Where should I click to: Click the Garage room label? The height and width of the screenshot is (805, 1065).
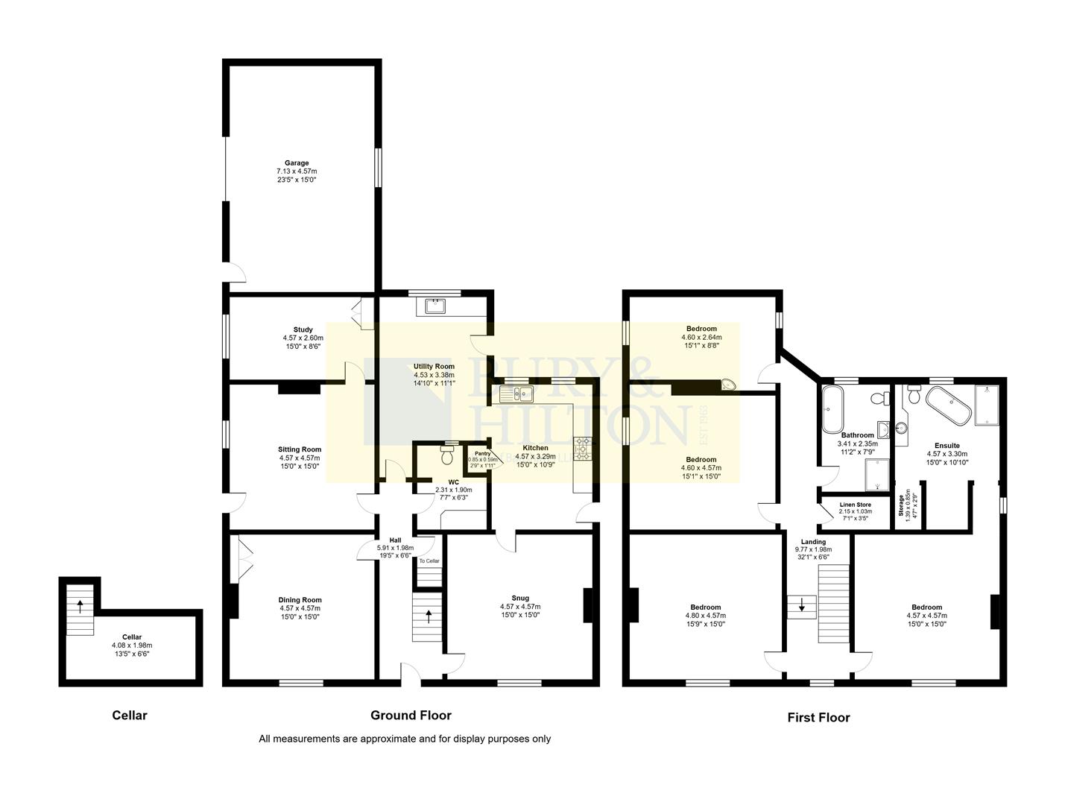(x=296, y=163)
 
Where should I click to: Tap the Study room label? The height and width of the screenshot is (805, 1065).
(x=303, y=329)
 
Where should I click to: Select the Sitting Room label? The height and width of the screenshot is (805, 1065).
(x=300, y=449)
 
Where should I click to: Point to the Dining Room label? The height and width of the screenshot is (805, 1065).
(x=300, y=600)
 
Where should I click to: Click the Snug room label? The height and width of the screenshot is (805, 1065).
(x=519, y=598)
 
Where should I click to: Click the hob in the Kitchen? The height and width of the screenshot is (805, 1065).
(x=582, y=449)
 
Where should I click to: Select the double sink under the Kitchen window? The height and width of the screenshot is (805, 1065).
(x=517, y=393)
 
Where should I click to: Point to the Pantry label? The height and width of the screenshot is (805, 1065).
(x=482, y=453)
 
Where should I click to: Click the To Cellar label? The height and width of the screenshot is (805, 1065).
(x=429, y=561)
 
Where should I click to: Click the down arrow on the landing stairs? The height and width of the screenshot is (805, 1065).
(x=802, y=607)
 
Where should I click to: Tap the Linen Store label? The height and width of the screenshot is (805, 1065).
(x=855, y=505)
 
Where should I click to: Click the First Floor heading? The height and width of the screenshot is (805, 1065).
(x=818, y=718)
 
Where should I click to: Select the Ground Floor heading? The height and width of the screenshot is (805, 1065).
(x=411, y=716)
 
